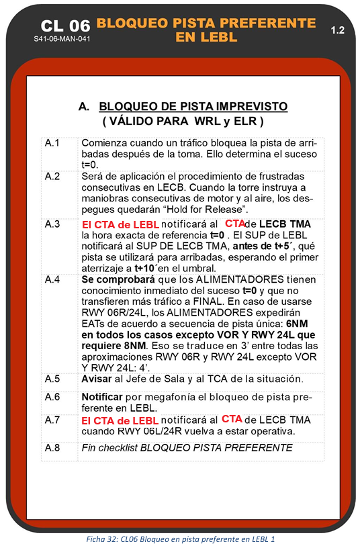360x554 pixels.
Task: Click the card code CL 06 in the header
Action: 64,26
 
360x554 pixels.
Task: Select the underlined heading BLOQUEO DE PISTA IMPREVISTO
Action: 193,106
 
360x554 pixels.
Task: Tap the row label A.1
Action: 52,143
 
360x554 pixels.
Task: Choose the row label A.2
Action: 52,176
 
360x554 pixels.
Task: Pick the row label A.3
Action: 52,224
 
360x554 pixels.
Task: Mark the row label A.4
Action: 52,278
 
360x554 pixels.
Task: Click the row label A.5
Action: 52,379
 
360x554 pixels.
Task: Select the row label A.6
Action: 52,396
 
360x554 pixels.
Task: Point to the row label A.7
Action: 52,420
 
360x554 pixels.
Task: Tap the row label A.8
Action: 52,447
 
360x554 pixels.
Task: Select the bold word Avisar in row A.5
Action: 98,379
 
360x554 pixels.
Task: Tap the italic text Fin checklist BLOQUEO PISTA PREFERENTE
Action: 187,447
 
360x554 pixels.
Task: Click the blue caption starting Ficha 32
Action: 180,539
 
